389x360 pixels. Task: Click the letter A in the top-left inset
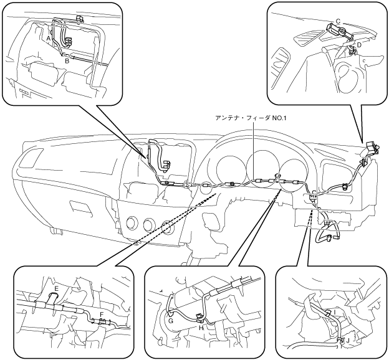tap(49, 39)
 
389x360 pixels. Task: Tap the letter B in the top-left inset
tap(67, 61)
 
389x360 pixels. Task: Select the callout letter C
tap(338, 22)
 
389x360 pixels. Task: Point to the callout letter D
tap(359, 45)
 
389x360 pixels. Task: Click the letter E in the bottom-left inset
tap(56, 288)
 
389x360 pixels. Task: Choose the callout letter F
tap(101, 314)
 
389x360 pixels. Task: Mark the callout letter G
tap(171, 321)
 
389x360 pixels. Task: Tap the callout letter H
tap(201, 328)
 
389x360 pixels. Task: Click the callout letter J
tap(348, 341)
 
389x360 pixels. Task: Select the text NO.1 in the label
tap(279, 118)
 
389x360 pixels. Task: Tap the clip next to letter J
tap(340, 340)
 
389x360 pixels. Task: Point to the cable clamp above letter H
tap(199, 316)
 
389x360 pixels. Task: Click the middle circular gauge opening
tap(262, 171)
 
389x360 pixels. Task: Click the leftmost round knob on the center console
tap(132, 222)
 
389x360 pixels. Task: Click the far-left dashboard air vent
tap(30, 158)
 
